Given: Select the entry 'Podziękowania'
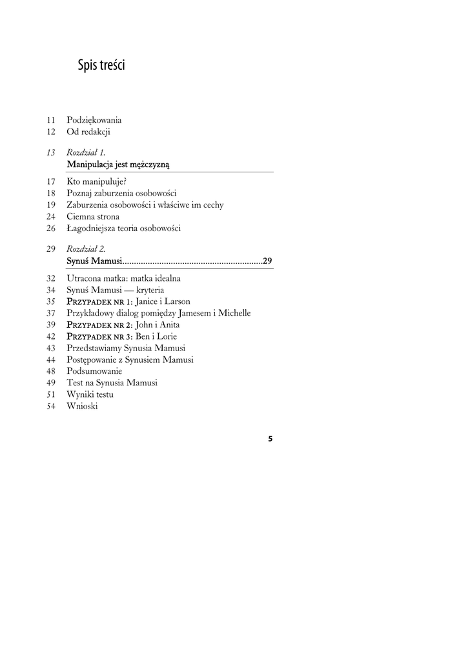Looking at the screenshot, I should pyautogui.click(x=94, y=120).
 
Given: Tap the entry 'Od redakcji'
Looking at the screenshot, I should pyautogui.click(x=88, y=132).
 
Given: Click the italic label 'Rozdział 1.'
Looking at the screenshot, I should pyautogui.click(x=86, y=152).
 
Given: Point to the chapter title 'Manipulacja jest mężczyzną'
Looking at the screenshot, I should pyautogui.click(x=118, y=165).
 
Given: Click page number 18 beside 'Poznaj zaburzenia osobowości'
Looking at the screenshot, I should pyautogui.click(x=52, y=193).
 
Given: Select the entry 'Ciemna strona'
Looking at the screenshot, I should pyautogui.click(x=92, y=216).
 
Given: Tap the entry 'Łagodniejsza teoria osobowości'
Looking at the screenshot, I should pyautogui.click(x=123, y=228).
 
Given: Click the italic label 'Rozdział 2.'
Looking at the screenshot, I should pyautogui.click(x=86, y=249).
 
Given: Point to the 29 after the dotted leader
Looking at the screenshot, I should pyautogui.click(x=267, y=261).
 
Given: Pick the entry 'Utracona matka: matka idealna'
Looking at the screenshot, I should pyautogui.click(x=123, y=278).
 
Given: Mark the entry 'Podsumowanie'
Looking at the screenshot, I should pyautogui.click(x=94, y=371).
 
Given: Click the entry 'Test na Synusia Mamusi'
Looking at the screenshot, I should pyautogui.click(x=112, y=383).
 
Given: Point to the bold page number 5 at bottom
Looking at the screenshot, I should pyautogui.click(x=270, y=439).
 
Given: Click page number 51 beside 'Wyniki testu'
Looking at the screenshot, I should pyautogui.click(x=52, y=394).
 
